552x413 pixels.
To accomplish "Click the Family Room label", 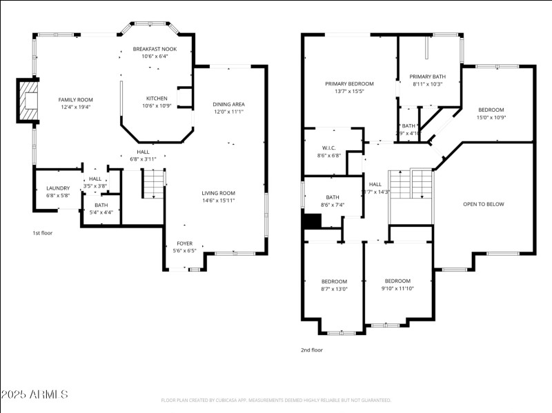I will tap(75, 100).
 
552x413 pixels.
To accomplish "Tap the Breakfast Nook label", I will tap(155, 49).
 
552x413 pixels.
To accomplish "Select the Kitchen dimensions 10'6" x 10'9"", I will tap(155, 105).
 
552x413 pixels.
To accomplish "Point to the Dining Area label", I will tap(228, 104).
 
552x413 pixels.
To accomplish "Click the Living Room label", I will tap(218, 193).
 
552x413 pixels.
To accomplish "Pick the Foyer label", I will tap(184, 243).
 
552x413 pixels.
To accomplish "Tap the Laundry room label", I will tap(58, 188).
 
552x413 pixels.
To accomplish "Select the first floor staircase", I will tap(154, 183).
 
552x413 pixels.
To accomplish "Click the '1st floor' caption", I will tap(43, 233).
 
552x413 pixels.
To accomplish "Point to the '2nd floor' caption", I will tap(311, 350).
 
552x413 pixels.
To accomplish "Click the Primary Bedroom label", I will tap(349, 83).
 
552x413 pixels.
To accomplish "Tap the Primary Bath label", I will tap(426, 77).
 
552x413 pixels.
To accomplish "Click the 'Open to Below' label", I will tap(483, 204).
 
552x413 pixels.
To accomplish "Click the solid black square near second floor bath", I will tap(313, 221).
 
